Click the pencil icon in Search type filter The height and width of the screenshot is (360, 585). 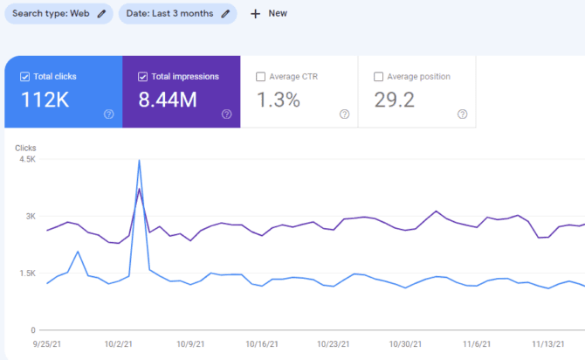click(x=102, y=14)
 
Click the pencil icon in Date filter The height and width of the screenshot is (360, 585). click(x=225, y=14)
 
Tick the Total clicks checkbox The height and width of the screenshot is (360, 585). click(x=24, y=77)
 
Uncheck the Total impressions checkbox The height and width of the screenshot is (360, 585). click(x=142, y=77)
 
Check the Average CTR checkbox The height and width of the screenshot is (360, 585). click(x=260, y=77)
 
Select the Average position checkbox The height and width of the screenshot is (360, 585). click(x=378, y=77)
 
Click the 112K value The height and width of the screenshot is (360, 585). click(x=45, y=100)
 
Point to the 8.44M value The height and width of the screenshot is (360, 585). click(x=168, y=100)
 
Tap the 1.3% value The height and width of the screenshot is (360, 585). click(x=278, y=100)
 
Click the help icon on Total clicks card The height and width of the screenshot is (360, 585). click(x=108, y=114)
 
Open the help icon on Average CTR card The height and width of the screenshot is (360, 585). click(x=344, y=114)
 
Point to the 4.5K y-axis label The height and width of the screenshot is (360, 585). click(x=25, y=159)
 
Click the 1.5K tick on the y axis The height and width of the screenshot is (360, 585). click(x=25, y=273)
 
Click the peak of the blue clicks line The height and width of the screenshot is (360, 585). click(x=139, y=160)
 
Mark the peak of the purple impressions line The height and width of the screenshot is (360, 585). click(x=139, y=189)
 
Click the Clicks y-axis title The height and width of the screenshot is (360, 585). click(x=25, y=148)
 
